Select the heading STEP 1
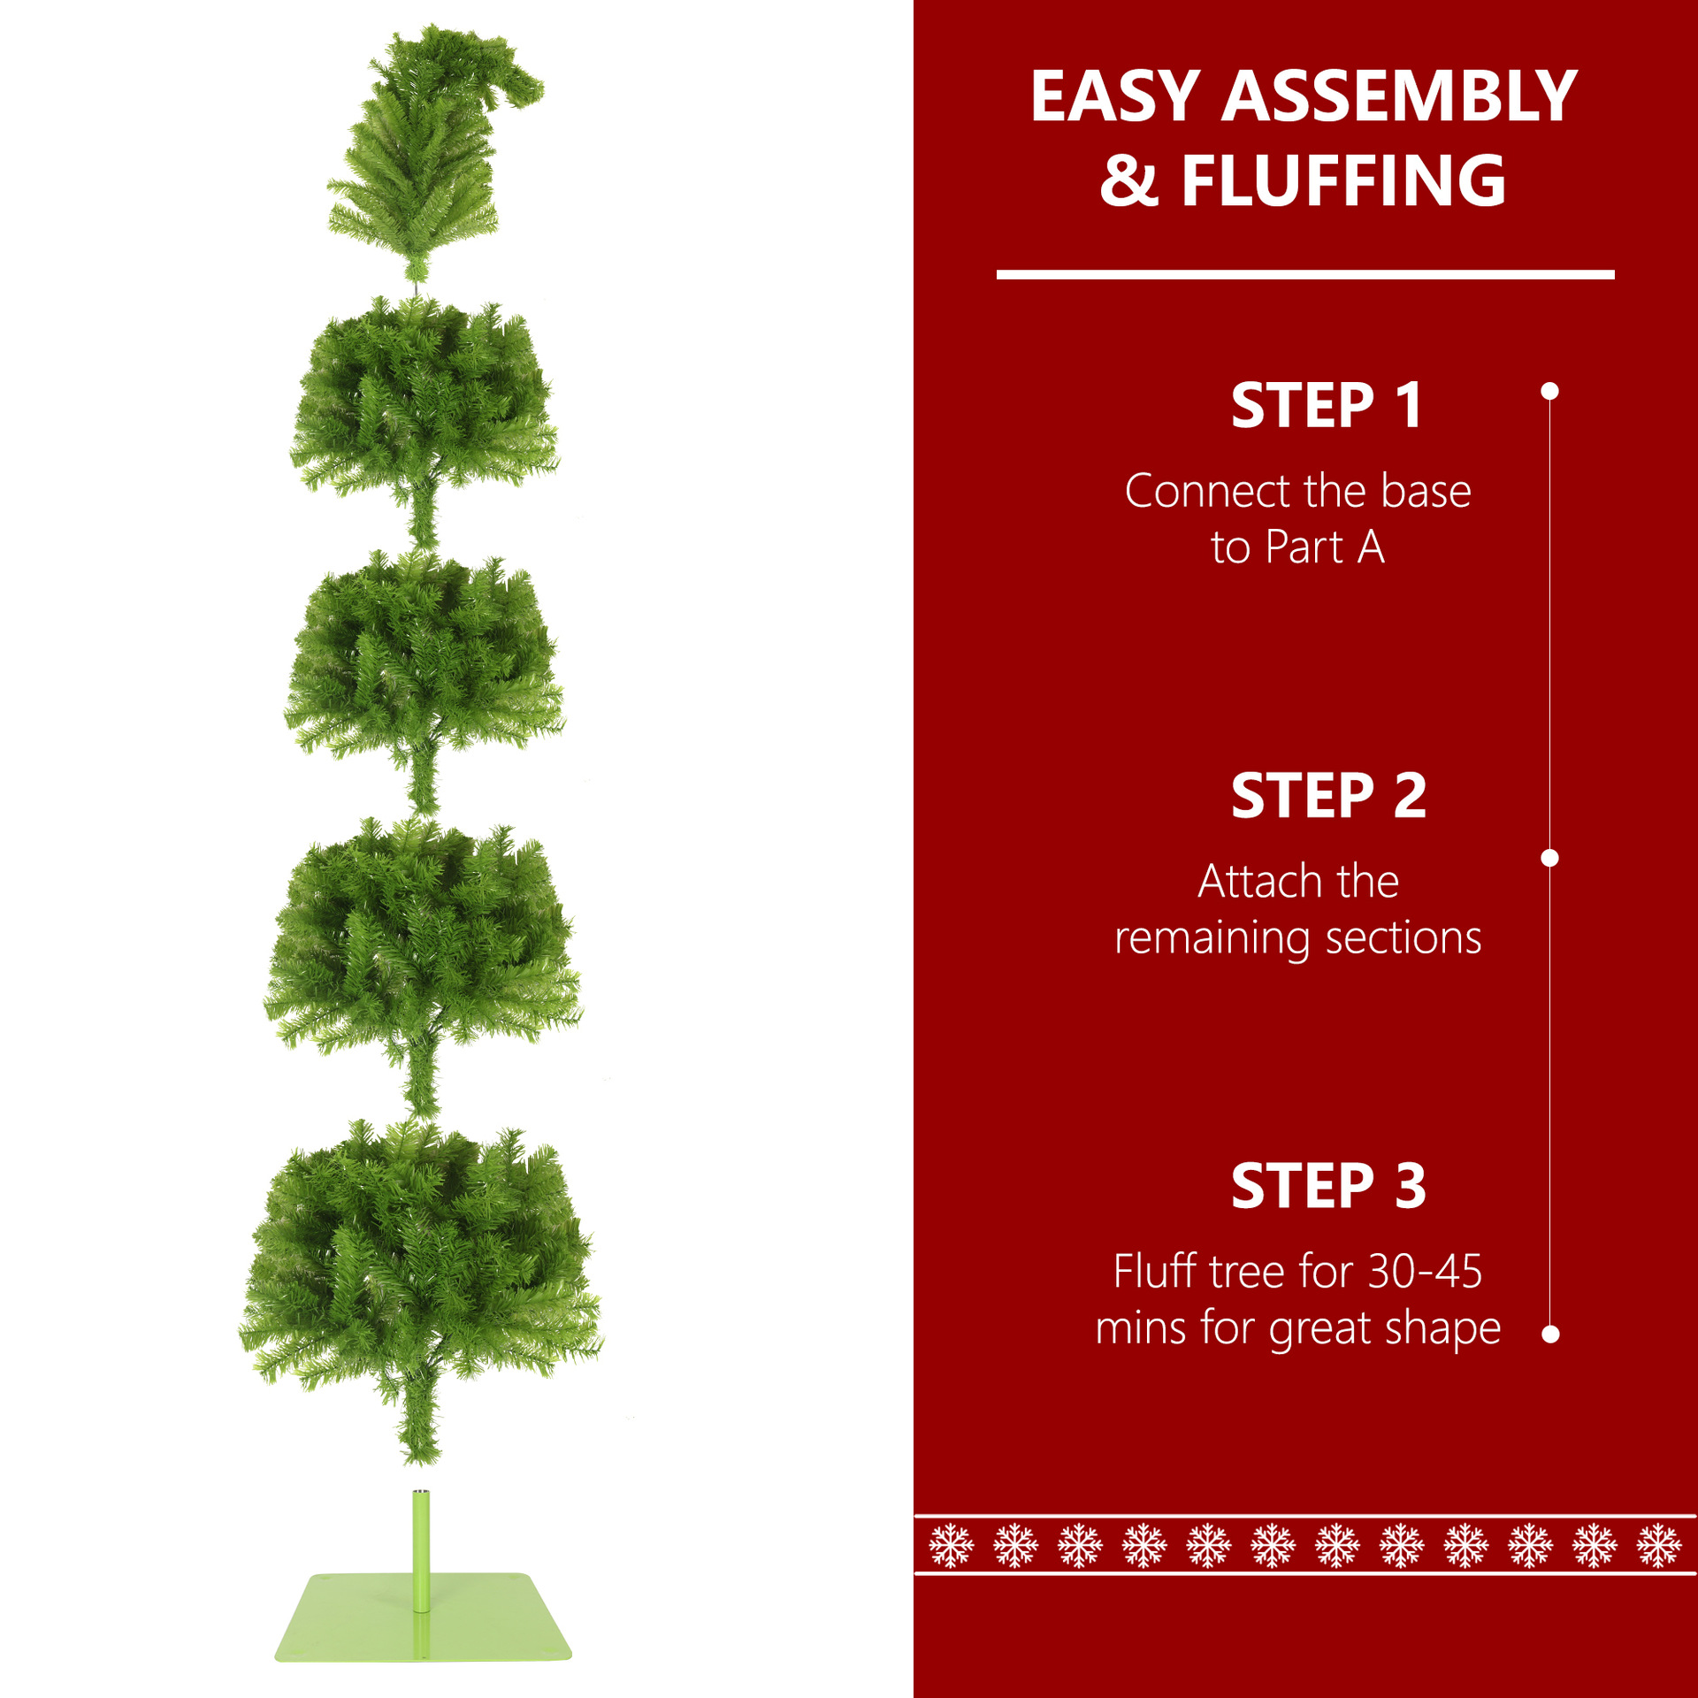[x=1327, y=406]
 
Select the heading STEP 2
[x=1328, y=796]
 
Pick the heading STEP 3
[x=1328, y=1186]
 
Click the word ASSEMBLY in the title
[x=1399, y=96]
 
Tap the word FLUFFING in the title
[x=1343, y=180]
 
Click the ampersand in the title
[x=1128, y=181]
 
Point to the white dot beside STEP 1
[x=1549, y=391]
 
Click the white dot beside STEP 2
[x=1549, y=858]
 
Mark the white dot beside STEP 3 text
[x=1549, y=1335]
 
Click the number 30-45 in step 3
[x=1425, y=1272]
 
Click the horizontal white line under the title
[x=1305, y=275]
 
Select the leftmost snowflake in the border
[x=952, y=1545]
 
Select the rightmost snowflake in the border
[x=1658, y=1545]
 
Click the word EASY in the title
[x=1115, y=96]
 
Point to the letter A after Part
[x=1371, y=547]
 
